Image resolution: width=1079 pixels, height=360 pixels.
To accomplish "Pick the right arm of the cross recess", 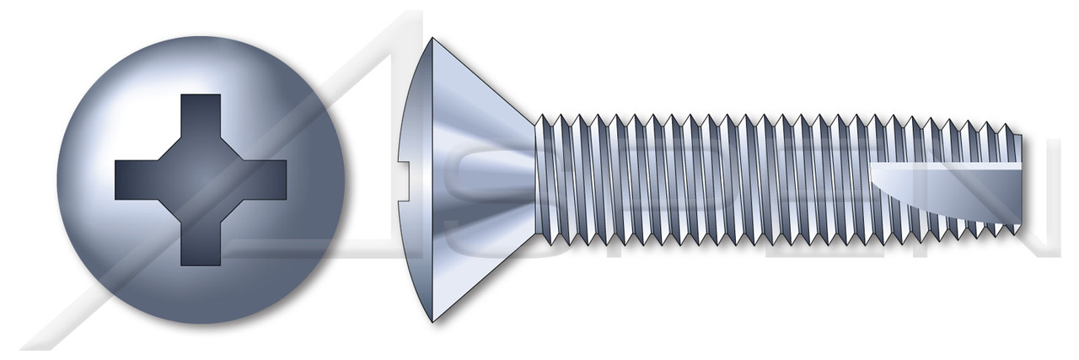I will click(x=264, y=180).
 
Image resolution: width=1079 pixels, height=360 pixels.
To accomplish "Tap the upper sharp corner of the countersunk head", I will click(x=432, y=37).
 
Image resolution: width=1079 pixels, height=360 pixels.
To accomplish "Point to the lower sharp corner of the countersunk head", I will click(x=432, y=321).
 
